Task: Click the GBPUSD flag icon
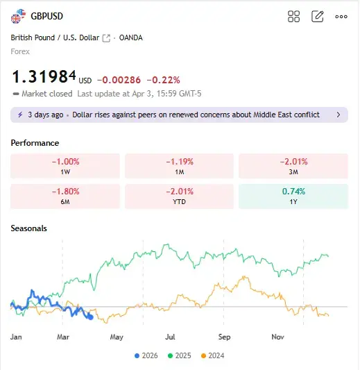tap(18, 16)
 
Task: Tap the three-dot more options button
tap(341, 17)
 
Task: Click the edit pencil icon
tap(317, 16)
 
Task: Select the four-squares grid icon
tap(293, 16)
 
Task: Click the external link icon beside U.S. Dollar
tap(106, 38)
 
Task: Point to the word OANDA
tap(130, 37)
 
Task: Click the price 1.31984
tap(44, 76)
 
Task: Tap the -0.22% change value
tap(163, 81)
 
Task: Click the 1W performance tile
tap(65, 166)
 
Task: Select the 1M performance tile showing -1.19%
tap(179, 166)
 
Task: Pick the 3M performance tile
tap(293, 166)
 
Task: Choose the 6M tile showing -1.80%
tap(65, 196)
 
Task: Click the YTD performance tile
tap(179, 196)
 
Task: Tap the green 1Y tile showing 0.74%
tap(293, 196)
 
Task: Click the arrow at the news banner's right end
tap(338, 115)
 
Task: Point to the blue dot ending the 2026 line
tap(91, 317)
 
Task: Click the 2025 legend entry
tap(179, 355)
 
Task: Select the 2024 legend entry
tap(212, 355)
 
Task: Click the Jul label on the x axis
tap(170, 337)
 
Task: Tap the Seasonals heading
tap(28, 228)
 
